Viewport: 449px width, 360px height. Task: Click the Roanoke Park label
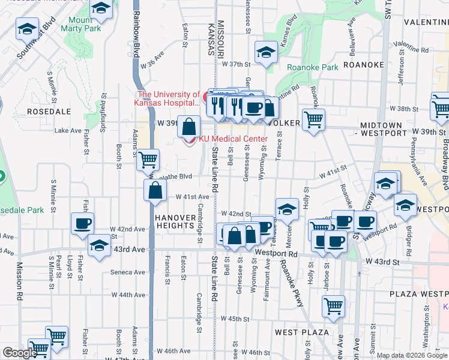click(313, 67)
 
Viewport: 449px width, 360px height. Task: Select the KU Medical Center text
click(233, 139)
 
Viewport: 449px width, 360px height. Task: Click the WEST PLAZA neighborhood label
click(301, 332)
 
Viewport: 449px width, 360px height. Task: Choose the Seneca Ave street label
click(130, 272)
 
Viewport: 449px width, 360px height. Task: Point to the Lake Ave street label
click(67, 130)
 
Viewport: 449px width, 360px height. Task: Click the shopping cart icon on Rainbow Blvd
click(148, 160)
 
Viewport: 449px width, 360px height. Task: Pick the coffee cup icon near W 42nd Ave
click(82, 223)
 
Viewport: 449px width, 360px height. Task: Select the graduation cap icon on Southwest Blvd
click(27, 28)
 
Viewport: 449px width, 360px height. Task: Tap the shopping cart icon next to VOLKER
click(313, 119)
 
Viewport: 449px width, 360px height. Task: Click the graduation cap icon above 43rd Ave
click(99, 245)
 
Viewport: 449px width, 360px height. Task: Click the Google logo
click(20, 353)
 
